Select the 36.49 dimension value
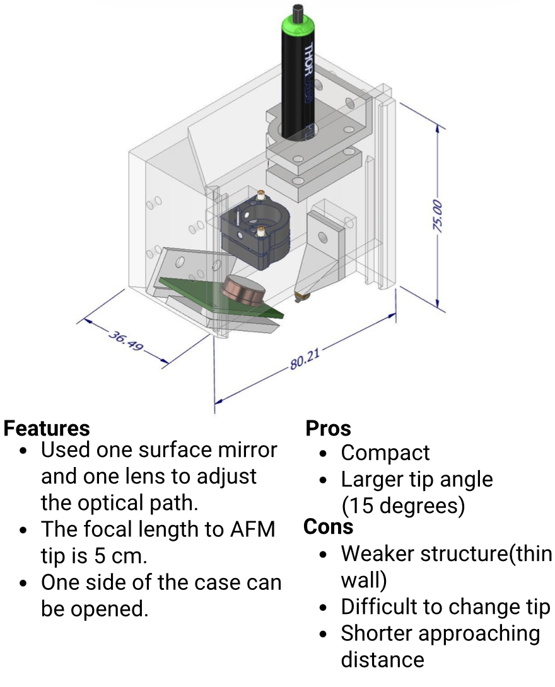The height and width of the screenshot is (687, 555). click(125, 340)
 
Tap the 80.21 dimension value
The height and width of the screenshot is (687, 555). click(305, 361)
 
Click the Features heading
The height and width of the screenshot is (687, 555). click(47, 429)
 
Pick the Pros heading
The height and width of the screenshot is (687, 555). click(328, 429)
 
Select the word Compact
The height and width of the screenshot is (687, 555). click(385, 453)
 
